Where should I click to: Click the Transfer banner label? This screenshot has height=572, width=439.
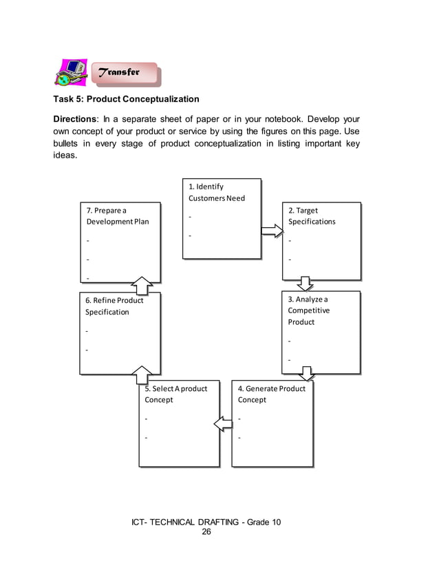click(121, 72)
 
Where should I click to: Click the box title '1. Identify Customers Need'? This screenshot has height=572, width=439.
click(216, 192)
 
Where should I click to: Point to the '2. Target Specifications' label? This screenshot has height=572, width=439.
click(312, 216)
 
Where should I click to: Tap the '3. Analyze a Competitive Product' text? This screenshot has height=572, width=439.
click(309, 310)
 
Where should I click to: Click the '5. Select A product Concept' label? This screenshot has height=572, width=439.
click(175, 394)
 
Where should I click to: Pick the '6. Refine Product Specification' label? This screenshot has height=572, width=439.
click(114, 306)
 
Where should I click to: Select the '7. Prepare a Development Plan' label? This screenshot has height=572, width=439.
click(117, 216)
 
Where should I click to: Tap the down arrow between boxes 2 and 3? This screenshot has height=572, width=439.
click(305, 284)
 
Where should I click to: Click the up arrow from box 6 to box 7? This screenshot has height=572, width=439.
click(142, 285)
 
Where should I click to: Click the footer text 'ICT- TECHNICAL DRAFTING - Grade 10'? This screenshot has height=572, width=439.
click(206, 522)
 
